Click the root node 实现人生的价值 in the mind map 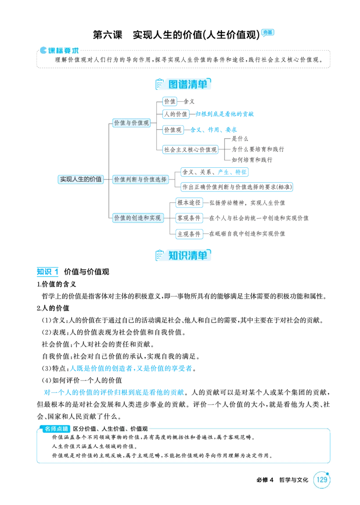click(81, 179)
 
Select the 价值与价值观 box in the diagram click(131, 123)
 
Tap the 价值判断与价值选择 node click(140, 179)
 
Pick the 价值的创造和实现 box click(138, 218)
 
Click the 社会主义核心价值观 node click(190, 149)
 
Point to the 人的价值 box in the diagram click(175, 114)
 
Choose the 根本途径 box click(189, 202)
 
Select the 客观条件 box click(189, 218)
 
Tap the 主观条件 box click(189, 234)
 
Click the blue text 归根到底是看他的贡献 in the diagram click(225, 114)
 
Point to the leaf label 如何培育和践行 click(252, 160)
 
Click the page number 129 click(322, 479)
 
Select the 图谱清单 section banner click(183, 84)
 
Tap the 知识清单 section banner click(183, 255)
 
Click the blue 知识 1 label click(47, 272)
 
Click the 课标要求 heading click(59, 50)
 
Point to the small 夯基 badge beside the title click(268, 32)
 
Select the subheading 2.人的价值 click(53, 308)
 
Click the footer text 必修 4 click(265, 480)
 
